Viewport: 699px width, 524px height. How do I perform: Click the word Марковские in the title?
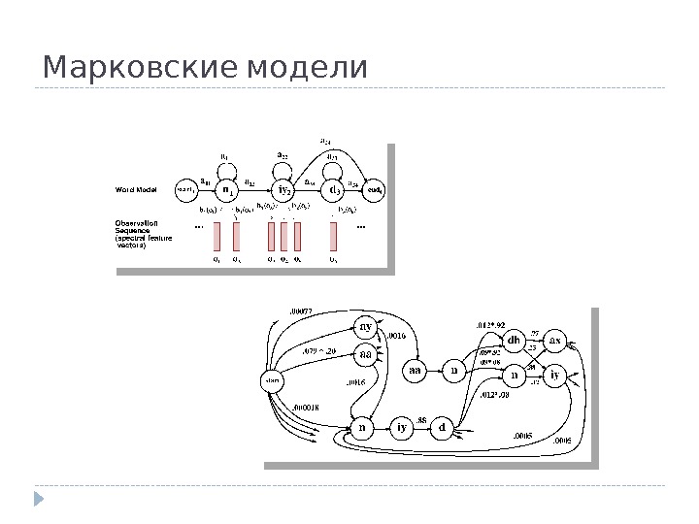pyautogui.click(x=142, y=69)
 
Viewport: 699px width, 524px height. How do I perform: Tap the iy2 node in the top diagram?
pyautogui.click(x=283, y=190)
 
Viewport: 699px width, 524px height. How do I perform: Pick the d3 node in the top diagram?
pyautogui.click(x=332, y=190)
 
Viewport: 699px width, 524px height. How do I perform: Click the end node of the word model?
pyautogui.click(x=375, y=190)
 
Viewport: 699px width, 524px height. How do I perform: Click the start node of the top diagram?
pyautogui.click(x=184, y=190)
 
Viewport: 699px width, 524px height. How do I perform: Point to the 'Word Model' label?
pyautogui.click(x=137, y=189)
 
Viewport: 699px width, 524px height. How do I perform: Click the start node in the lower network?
pyautogui.click(x=274, y=381)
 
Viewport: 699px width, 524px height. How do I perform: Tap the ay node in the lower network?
pyautogui.click(x=366, y=326)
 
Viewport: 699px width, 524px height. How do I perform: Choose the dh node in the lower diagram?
pyautogui.click(x=515, y=342)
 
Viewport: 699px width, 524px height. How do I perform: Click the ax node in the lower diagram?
pyautogui.click(x=555, y=342)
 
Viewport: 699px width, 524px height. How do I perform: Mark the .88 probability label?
pyautogui.click(x=421, y=419)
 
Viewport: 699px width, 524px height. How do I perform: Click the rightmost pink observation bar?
pyautogui.click(x=333, y=236)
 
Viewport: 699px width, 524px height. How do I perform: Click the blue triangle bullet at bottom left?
pyautogui.click(x=40, y=500)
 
